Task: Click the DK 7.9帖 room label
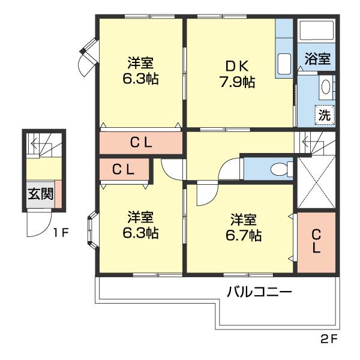(x=238, y=74)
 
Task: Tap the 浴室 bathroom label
(x=317, y=59)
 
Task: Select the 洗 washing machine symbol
(x=325, y=115)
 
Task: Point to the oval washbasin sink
(x=326, y=87)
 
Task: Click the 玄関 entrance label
(x=41, y=194)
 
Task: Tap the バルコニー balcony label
(x=259, y=292)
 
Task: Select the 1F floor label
(x=61, y=233)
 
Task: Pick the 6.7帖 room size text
(x=244, y=235)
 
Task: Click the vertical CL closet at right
(x=316, y=242)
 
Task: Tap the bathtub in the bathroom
(x=317, y=31)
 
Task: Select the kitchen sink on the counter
(x=284, y=64)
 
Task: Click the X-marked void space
(x=316, y=182)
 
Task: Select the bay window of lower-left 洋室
(x=92, y=230)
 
